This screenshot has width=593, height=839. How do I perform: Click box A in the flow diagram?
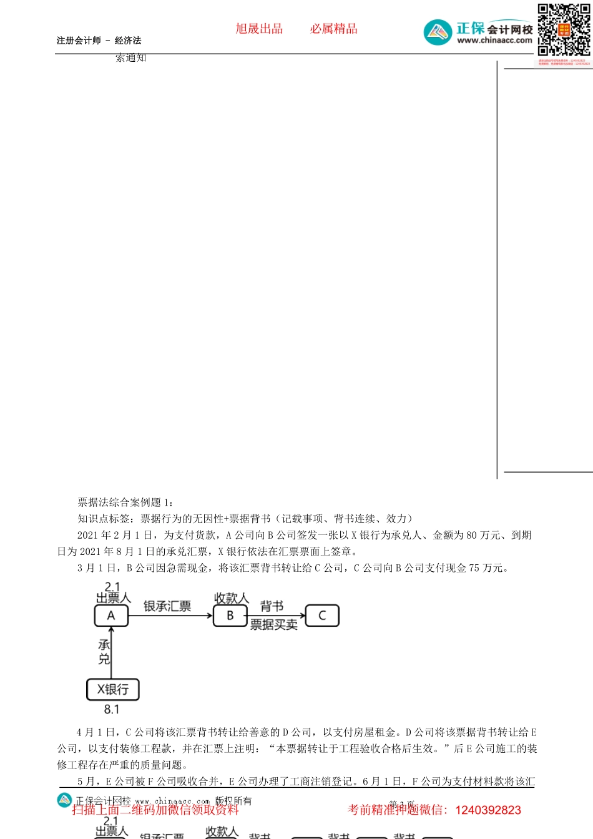pos(111,616)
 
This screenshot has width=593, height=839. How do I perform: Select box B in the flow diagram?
pos(230,616)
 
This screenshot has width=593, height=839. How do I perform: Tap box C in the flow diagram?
pos(322,616)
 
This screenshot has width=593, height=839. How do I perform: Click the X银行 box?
pos(112,689)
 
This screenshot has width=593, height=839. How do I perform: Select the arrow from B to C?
pos(276,616)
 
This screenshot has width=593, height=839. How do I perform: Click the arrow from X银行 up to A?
pos(111,652)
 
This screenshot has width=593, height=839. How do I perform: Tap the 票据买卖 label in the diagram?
pos(273,625)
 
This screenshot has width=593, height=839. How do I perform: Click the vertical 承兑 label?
pos(104,652)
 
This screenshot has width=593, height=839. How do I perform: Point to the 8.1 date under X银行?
pos(112,709)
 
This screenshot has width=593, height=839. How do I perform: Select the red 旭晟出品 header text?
pos(259,29)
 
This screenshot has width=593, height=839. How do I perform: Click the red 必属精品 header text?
pos(334,29)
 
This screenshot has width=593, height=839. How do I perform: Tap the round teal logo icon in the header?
pos(438,32)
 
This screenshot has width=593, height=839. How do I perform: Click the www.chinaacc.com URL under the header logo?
pos(494,41)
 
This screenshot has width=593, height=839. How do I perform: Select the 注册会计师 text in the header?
pos(79,41)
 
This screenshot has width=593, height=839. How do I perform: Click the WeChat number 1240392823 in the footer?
pos(488,810)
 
